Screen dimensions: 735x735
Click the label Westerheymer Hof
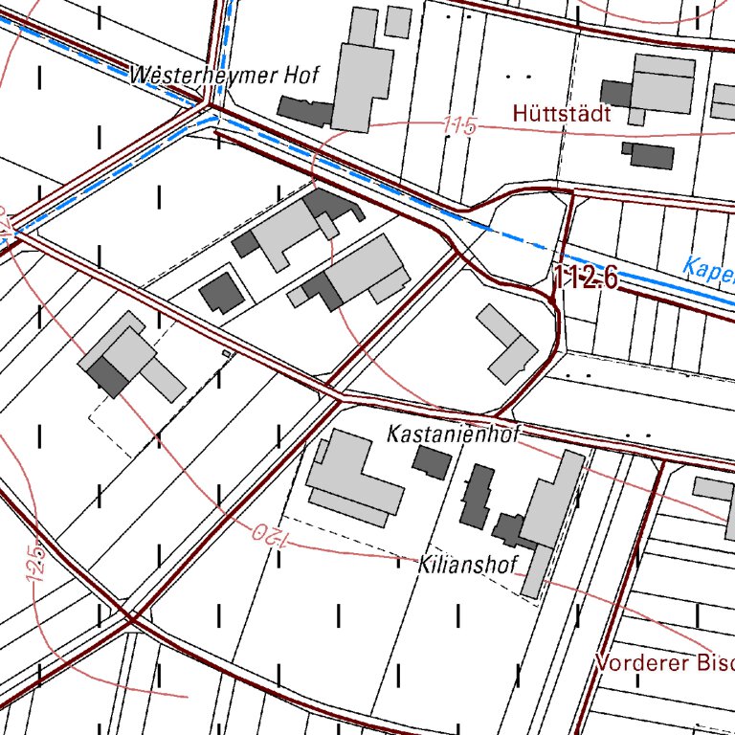224,75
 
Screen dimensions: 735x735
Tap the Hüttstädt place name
562,113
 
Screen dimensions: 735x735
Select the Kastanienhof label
453,434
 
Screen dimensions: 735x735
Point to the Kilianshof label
467,564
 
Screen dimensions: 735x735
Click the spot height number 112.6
586,278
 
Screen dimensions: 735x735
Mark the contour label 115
459,126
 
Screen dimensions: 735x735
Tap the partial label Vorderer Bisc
663,662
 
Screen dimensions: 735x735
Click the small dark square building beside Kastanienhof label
432,462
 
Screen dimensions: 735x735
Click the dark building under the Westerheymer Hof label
305,111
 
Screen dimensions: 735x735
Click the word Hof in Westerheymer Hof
301,75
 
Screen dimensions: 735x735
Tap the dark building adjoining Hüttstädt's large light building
616,94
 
